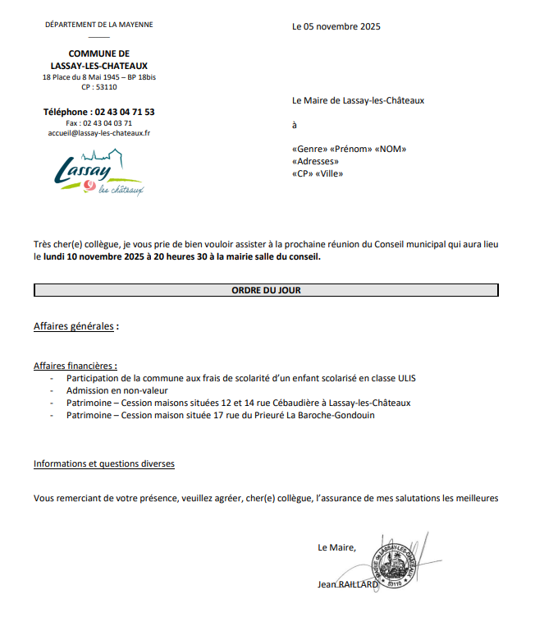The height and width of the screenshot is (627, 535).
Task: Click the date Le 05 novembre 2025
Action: tap(336, 26)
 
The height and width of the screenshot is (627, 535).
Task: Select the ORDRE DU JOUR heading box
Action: tap(266, 290)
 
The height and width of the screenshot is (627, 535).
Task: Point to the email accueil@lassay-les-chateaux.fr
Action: tap(98, 132)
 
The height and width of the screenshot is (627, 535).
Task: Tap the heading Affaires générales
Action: tap(74, 326)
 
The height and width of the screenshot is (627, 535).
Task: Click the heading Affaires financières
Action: tap(75, 366)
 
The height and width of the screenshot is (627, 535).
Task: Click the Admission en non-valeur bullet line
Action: tap(117, 390)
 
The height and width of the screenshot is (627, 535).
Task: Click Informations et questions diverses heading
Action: tap(103, 463)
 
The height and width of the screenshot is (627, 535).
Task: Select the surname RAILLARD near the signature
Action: tap(359, 584)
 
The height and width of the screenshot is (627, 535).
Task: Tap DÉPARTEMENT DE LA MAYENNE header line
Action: tap(98, 25)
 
